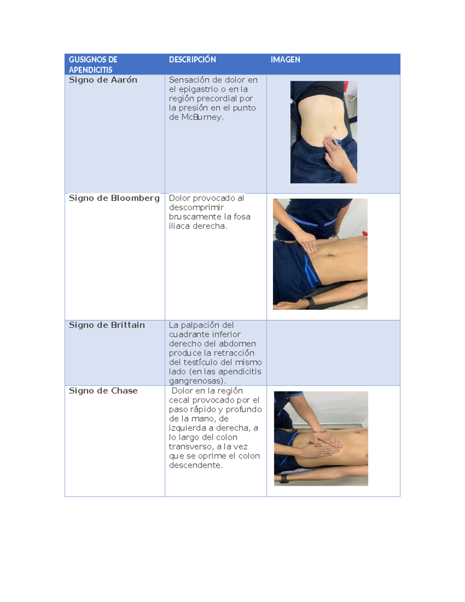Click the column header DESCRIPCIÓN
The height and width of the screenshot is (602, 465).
(192, 60)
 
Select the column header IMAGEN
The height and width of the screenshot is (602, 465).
(285, 60)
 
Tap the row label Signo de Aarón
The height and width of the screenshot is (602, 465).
(103, 80)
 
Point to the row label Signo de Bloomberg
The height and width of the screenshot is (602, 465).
(114, 198)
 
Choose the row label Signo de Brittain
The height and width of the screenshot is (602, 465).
(107, 325)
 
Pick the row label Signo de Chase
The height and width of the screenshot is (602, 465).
(103, 391)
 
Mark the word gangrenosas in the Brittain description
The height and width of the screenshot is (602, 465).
(196, 381)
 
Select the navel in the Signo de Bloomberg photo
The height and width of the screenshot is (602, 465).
(331, 255)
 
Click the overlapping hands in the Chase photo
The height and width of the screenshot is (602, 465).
(324, 446)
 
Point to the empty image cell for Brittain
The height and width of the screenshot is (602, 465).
(333, 353)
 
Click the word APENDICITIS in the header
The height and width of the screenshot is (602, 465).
(90, 70)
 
